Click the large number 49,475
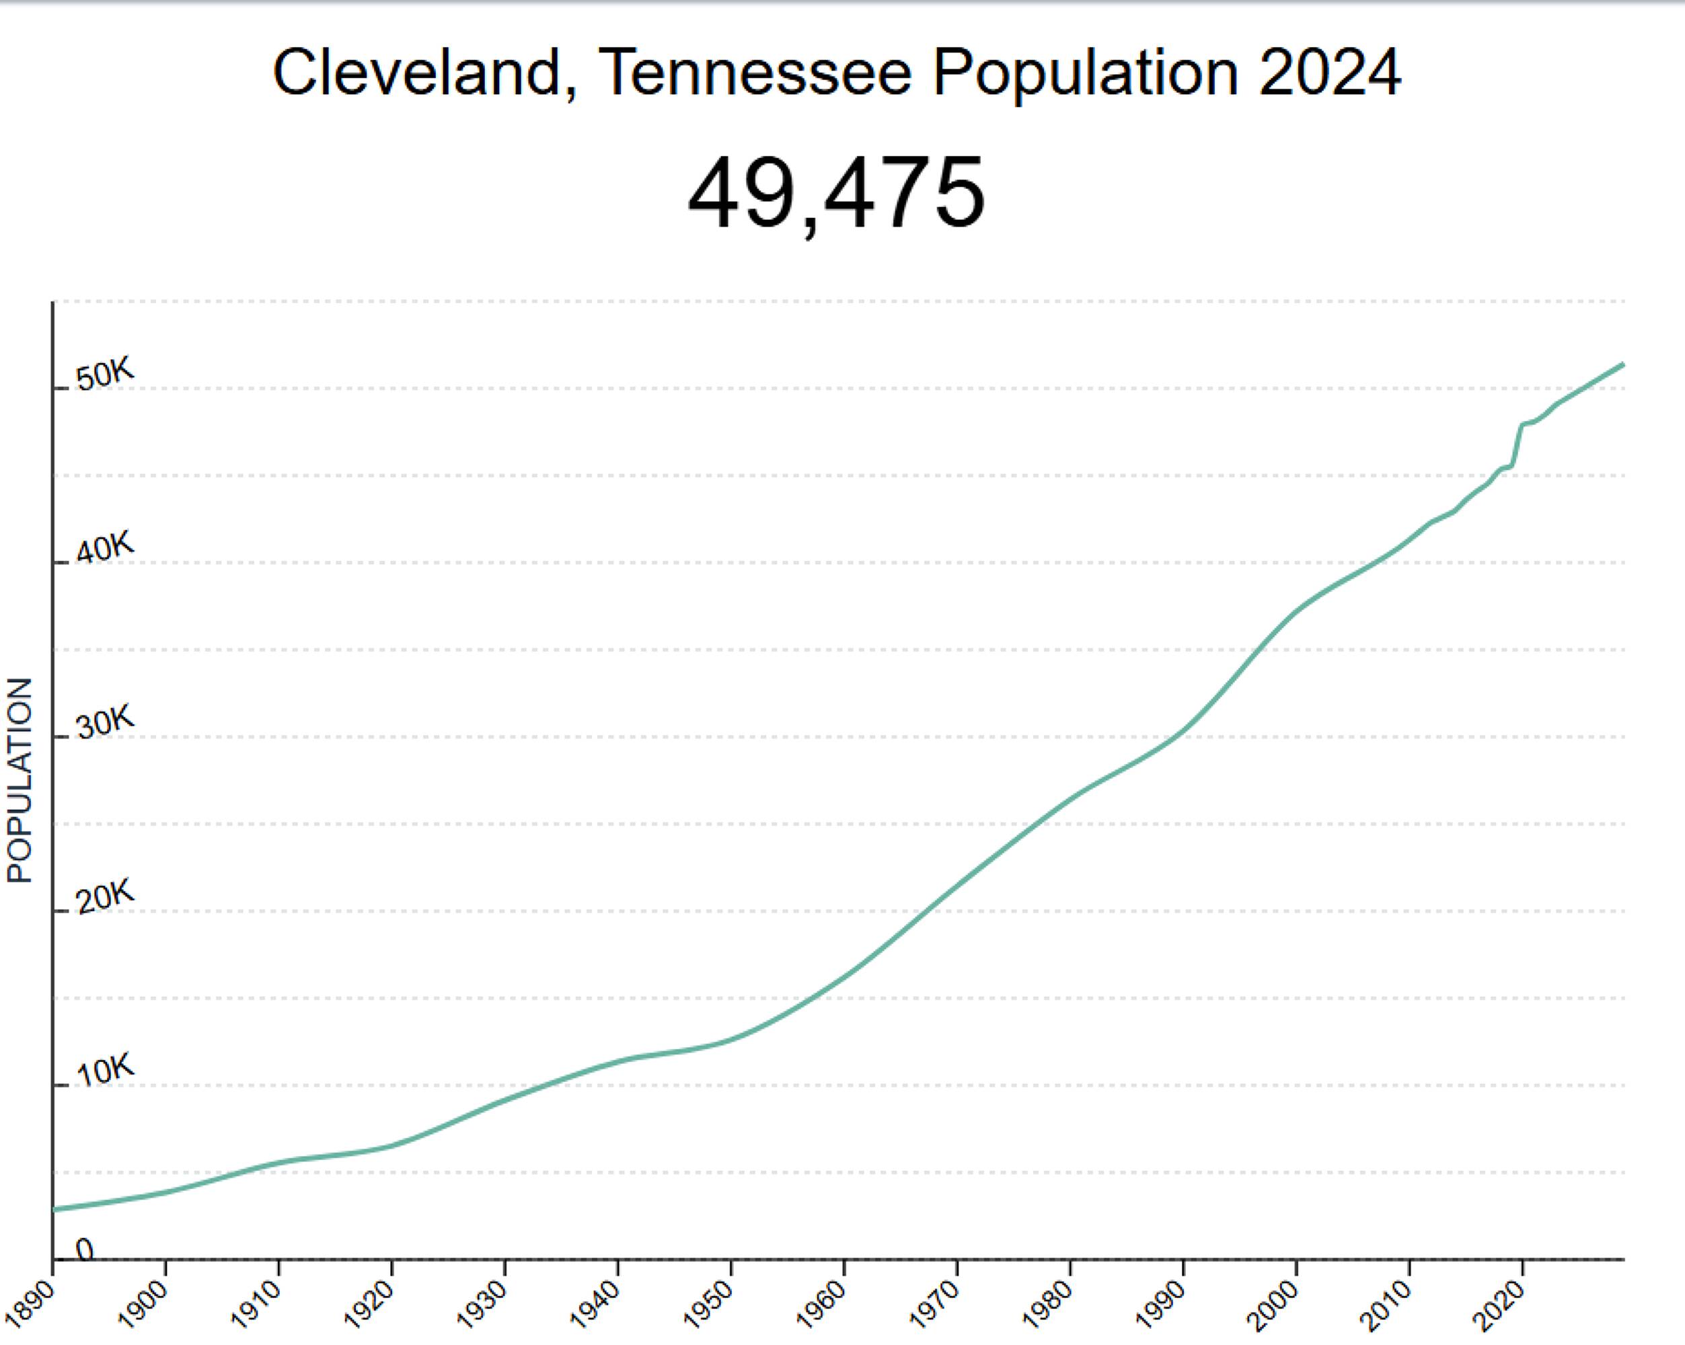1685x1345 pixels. coord(835,193)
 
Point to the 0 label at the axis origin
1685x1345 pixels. coord(84,1250)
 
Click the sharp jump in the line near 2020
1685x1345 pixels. coord(1516,445)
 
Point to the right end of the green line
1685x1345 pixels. coord(1623,364)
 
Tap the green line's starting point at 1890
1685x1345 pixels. coord(54,1210)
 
